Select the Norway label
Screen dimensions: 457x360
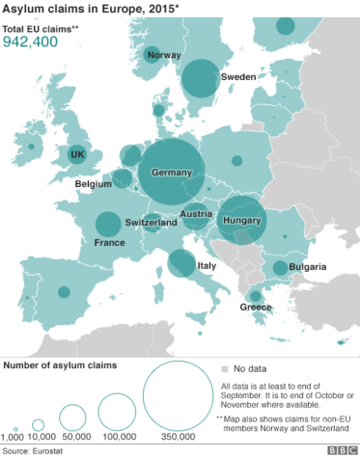(x=164, y=55)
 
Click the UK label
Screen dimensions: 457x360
(x=78, y=154)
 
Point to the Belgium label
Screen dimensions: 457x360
(x=94, y=183)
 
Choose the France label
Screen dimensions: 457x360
(x=110, y=244)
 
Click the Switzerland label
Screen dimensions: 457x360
(x=152, y=222)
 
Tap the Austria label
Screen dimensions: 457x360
(x=196, y=214)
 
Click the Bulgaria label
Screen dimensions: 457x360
(x=307, y=267)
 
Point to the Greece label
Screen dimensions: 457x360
(x=256, y=308)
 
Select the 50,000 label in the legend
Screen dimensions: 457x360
(x=73, y=436)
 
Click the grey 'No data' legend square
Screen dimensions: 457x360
(x=224, y=368)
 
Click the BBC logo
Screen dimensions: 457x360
(x=341, y=449)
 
